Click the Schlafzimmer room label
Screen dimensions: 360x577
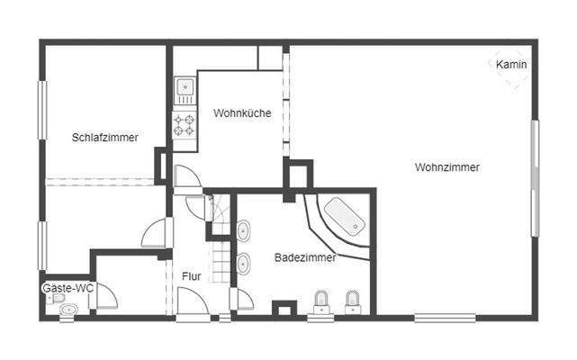click(105, 138)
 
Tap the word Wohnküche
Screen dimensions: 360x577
click(242, 113)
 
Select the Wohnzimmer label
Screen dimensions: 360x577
click(447, 166)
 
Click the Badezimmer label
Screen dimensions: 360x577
click(305, 257)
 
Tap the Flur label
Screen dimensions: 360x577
click(191, 276)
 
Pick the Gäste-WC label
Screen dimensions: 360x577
click(68, 288)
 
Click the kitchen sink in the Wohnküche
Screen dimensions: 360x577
click(185, 88)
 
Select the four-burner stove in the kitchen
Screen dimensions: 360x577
click(185, 124)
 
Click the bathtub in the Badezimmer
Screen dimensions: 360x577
click(343, 218)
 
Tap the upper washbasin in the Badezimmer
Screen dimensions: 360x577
click(244, 231)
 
